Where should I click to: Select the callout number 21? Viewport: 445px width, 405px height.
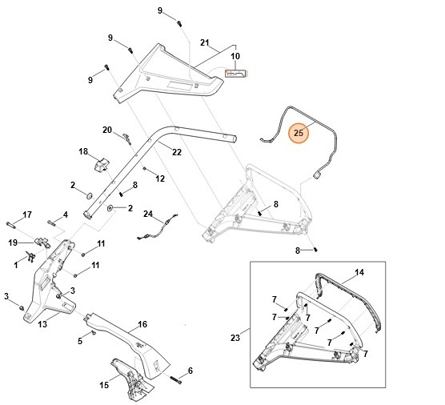(x=204, y=42)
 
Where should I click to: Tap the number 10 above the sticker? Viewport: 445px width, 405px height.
(x=235, y=57)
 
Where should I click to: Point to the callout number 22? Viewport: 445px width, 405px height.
(x=177, y=152)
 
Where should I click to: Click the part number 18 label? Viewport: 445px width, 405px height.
(x=82, y=150)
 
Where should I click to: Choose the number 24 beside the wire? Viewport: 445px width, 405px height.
(x=147, y=214)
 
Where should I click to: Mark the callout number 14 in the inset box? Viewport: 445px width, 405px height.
(x=359, y=272)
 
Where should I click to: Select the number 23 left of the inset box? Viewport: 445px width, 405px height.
(x=235, y=338)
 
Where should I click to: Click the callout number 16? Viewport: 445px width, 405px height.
(x=142, y=324)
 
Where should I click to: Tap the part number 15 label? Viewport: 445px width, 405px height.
(x=103, y=385)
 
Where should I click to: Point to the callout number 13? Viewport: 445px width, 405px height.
(x=42, y=324)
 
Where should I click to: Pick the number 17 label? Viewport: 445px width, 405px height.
(x=27, y=214)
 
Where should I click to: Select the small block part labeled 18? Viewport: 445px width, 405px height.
(x=102, y=164)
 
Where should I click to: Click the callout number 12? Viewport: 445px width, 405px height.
(x=159, y=178)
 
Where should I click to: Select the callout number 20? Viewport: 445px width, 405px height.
(x=107, y=130)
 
